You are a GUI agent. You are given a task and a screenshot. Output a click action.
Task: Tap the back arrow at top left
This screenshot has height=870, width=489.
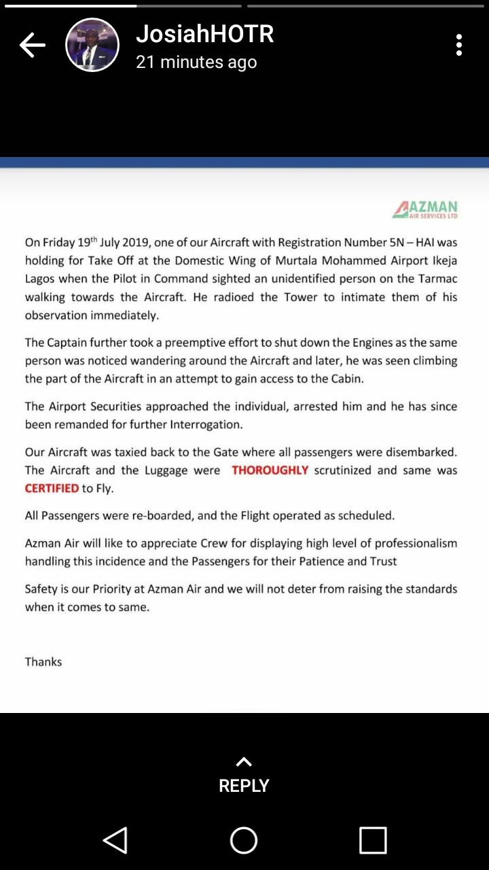pyautogui.click(x=32, y=46)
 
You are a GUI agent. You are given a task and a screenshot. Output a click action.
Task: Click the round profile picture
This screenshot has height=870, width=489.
pyautogui.click(x=92, y=46)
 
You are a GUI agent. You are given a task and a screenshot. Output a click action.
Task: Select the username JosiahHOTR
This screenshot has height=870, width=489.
pyautogui.click(x=204, y=34)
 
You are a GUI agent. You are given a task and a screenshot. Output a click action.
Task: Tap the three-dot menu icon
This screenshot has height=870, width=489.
pyautogui.click(x=459, y=45)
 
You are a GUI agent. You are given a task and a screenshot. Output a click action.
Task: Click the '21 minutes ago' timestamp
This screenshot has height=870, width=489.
pyautogui.click(x=196, y=63)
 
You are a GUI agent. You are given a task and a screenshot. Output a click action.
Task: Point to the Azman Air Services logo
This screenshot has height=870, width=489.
pyautogui.click(x=425, y=209)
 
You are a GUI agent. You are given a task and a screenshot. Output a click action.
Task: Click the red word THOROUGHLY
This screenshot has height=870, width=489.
pyautogui.click(x=270, y=470)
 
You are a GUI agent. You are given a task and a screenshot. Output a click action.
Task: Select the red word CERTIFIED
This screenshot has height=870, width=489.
pyautogui.click(x=52, y=489)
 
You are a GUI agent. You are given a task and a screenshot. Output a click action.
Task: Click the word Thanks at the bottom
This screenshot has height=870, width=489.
pyautogui.click(x=43, y=661)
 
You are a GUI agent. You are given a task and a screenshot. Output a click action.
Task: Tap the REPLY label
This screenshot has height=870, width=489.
pyautogui.click(x=244, y=786)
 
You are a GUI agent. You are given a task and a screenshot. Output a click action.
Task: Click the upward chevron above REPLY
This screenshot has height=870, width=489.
pyautogui.click(x=244, y=762)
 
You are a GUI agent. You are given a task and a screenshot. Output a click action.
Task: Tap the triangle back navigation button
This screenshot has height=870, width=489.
pyautogui.click(x=115, y=840)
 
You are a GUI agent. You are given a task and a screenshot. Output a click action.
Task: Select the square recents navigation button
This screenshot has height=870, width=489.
pyautogui.click(x=373, y=840)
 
